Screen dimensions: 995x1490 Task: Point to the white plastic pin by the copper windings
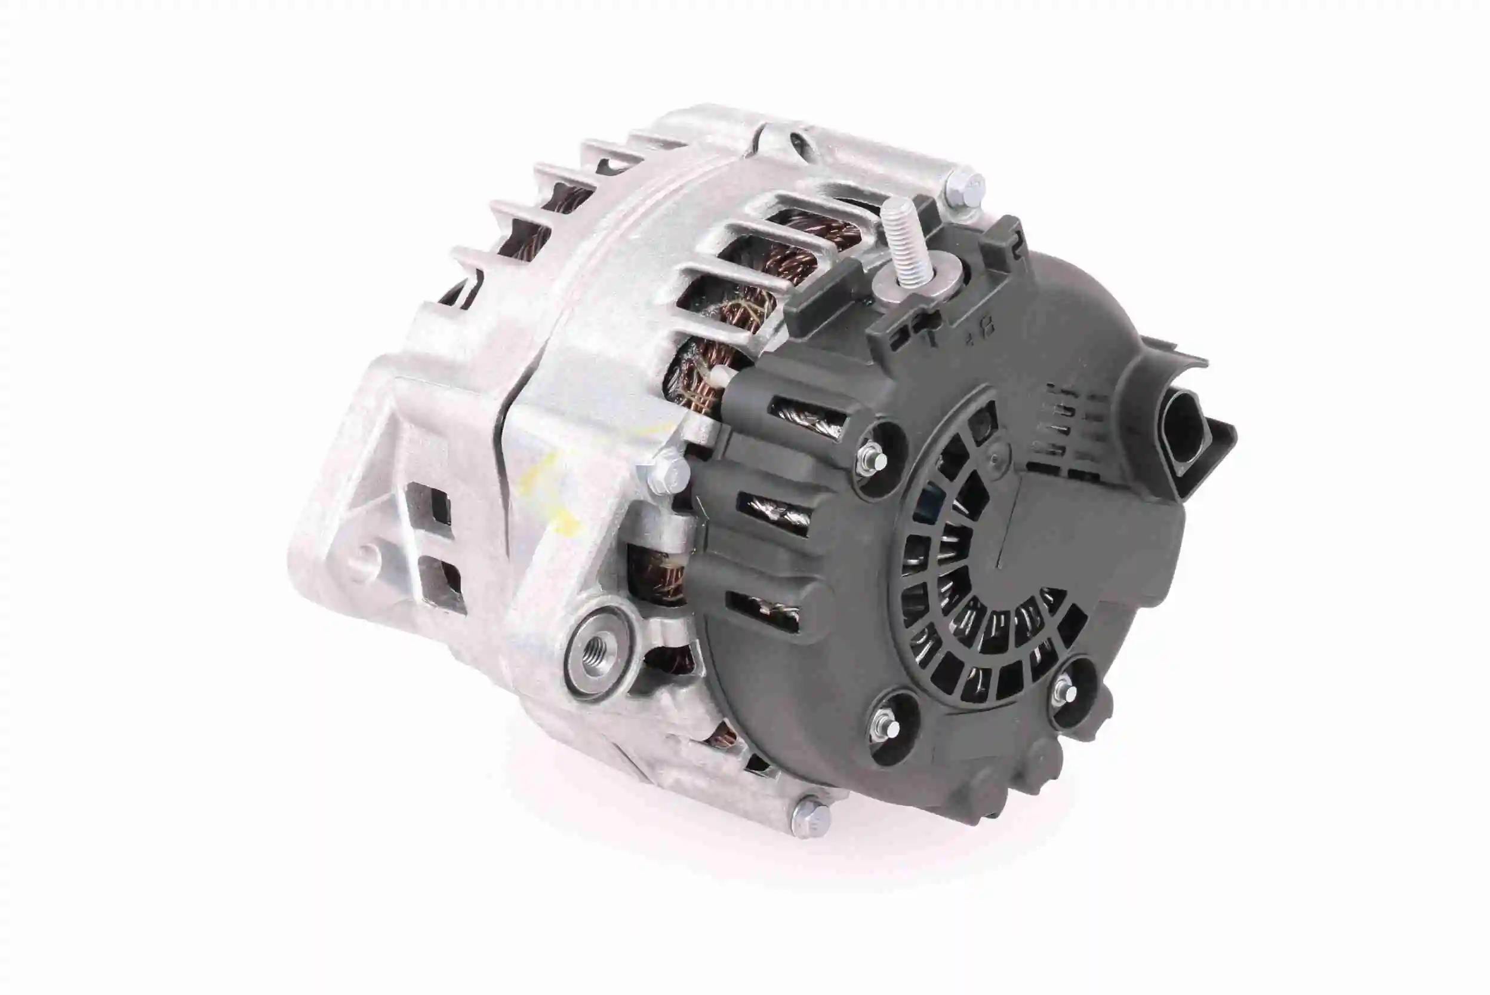(x=722, y=377)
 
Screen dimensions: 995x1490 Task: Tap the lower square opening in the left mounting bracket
(x=442, y=584)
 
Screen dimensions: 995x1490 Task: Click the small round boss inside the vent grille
(x=1000, y=454)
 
